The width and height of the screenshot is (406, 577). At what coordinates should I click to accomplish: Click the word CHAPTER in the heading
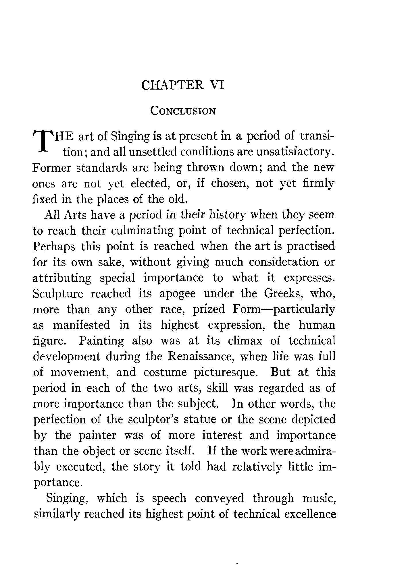click(x=173, y=86)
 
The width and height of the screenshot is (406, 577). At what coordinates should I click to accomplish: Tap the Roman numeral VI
click(x=217, y=86)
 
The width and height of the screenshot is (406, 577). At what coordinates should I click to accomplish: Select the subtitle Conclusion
click(x=183, y=111)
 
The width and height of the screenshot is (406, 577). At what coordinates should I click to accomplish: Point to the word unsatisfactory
click(x=295, y=152)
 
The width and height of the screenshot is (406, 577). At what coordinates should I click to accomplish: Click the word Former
click(x=51, y=167)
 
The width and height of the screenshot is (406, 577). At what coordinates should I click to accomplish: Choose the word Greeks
click(x=286, y=294)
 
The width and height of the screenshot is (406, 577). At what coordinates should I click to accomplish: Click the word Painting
click(x=101, y=341)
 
